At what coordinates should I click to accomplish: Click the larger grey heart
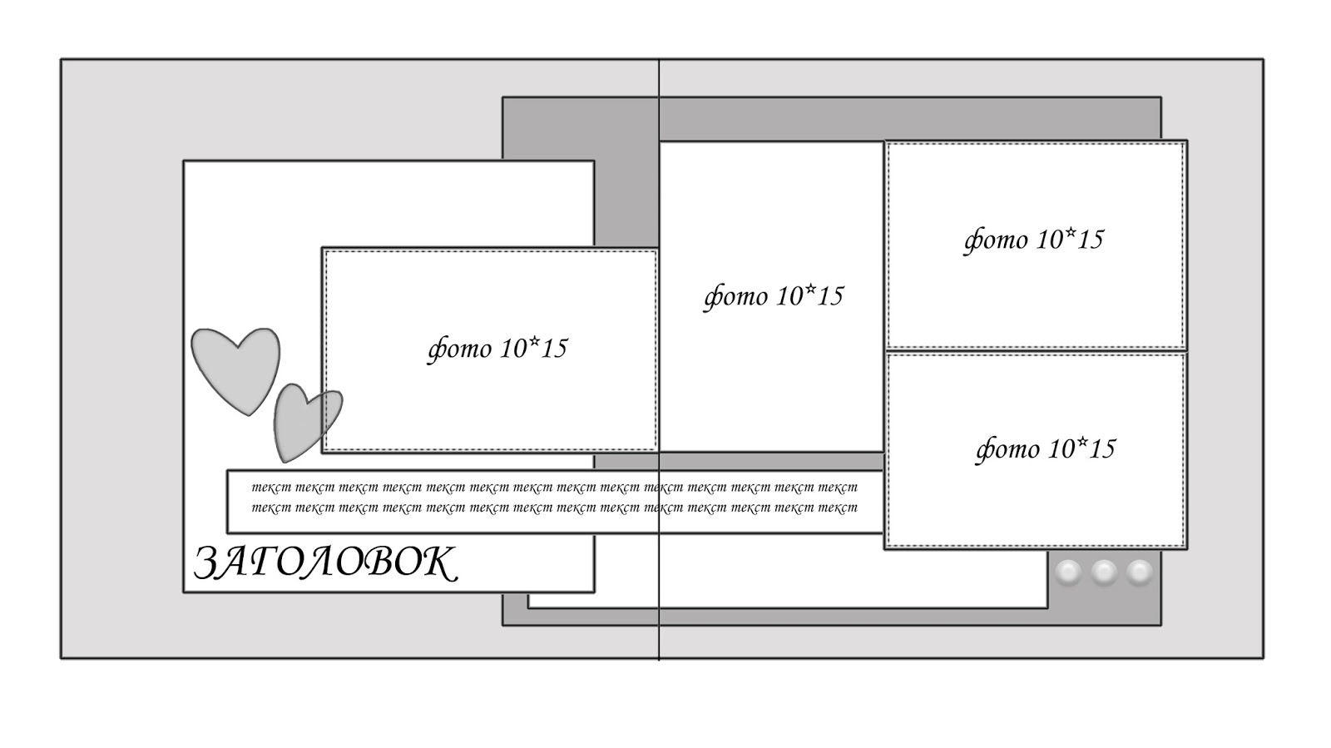coord(235,369)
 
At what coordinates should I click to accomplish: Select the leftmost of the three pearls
coord(1068,572)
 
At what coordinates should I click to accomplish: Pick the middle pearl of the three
coord(1104,572)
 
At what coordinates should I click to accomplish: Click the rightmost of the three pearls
coord(1140,572)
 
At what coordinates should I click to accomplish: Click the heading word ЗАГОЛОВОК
coord(325,563)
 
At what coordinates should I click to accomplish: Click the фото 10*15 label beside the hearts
coord(497,348)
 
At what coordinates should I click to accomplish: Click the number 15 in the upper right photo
coord(1089,240)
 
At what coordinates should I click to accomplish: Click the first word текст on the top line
coord(270,488)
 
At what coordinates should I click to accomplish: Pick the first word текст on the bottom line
coord(270,508)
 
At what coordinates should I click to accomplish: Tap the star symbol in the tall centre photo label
coord(809,288)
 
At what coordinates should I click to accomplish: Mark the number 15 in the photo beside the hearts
coord(553,349)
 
